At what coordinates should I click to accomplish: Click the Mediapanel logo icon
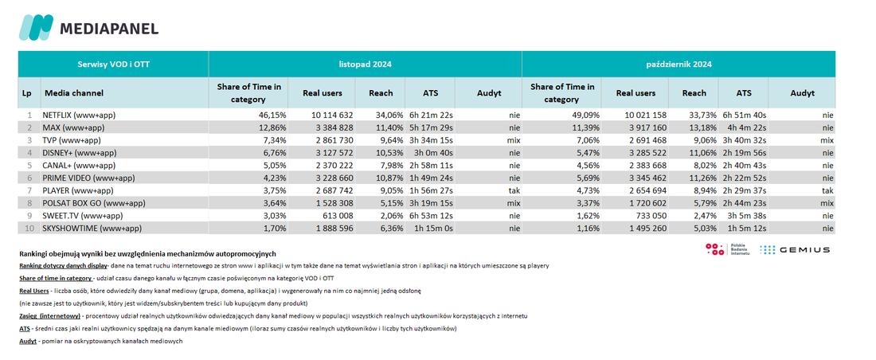[36, 27]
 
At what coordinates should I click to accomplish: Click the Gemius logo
[795, 250]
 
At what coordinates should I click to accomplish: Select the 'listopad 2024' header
[365, 65]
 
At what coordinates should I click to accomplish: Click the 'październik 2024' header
[679, 65]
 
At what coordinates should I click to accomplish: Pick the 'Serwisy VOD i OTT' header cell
[113, 65]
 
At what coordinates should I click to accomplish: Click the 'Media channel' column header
[74, 93]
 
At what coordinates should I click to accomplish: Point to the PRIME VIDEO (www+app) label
[88, 178]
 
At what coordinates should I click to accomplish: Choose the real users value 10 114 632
[332, 115]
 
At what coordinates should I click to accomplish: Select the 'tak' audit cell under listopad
[514, 190]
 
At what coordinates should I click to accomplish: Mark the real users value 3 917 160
[647, 128]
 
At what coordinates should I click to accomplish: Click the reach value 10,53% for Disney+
[389, 153]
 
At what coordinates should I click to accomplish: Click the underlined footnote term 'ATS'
[25, 329]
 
